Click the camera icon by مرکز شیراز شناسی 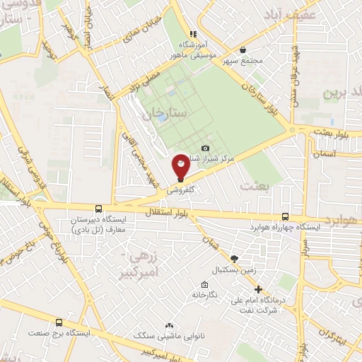click(x=206, y=147)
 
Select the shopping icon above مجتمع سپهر click(x=243, y=49)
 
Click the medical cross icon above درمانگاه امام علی click(x=258, y=289)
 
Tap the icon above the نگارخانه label click(x=204, y=285)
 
